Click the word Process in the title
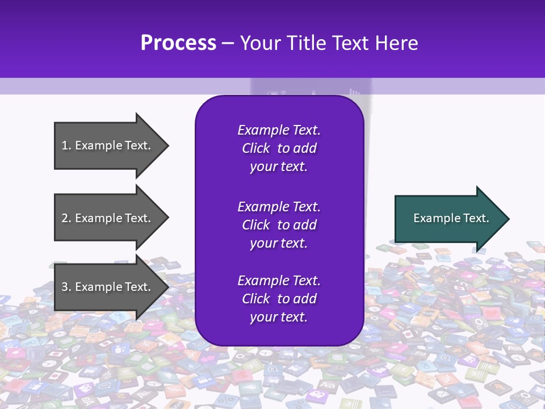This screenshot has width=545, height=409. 178,43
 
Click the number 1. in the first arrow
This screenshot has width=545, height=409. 66,145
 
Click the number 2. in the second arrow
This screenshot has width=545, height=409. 66,218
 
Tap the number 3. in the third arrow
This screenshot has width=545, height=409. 66,287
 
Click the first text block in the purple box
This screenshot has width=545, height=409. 279,148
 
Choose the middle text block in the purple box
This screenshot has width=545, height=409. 279,225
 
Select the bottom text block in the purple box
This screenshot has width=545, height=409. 279,299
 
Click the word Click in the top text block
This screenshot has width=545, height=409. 255,149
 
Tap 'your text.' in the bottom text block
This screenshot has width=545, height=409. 279,317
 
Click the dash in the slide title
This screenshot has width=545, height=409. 228,43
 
